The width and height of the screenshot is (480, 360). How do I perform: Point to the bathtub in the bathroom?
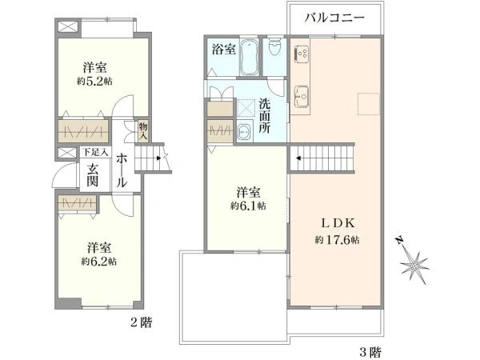[249, 55]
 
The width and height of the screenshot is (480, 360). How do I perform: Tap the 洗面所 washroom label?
[265, 115]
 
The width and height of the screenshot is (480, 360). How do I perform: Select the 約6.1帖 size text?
[248, 206]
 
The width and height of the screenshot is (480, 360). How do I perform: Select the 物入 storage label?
[142, 130]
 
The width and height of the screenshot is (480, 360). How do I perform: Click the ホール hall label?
[121, 170]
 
